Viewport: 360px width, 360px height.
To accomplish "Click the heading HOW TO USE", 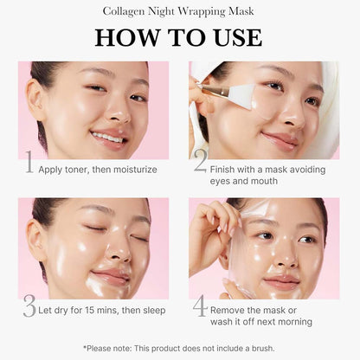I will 179,37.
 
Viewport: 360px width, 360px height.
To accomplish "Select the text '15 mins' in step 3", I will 98,310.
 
